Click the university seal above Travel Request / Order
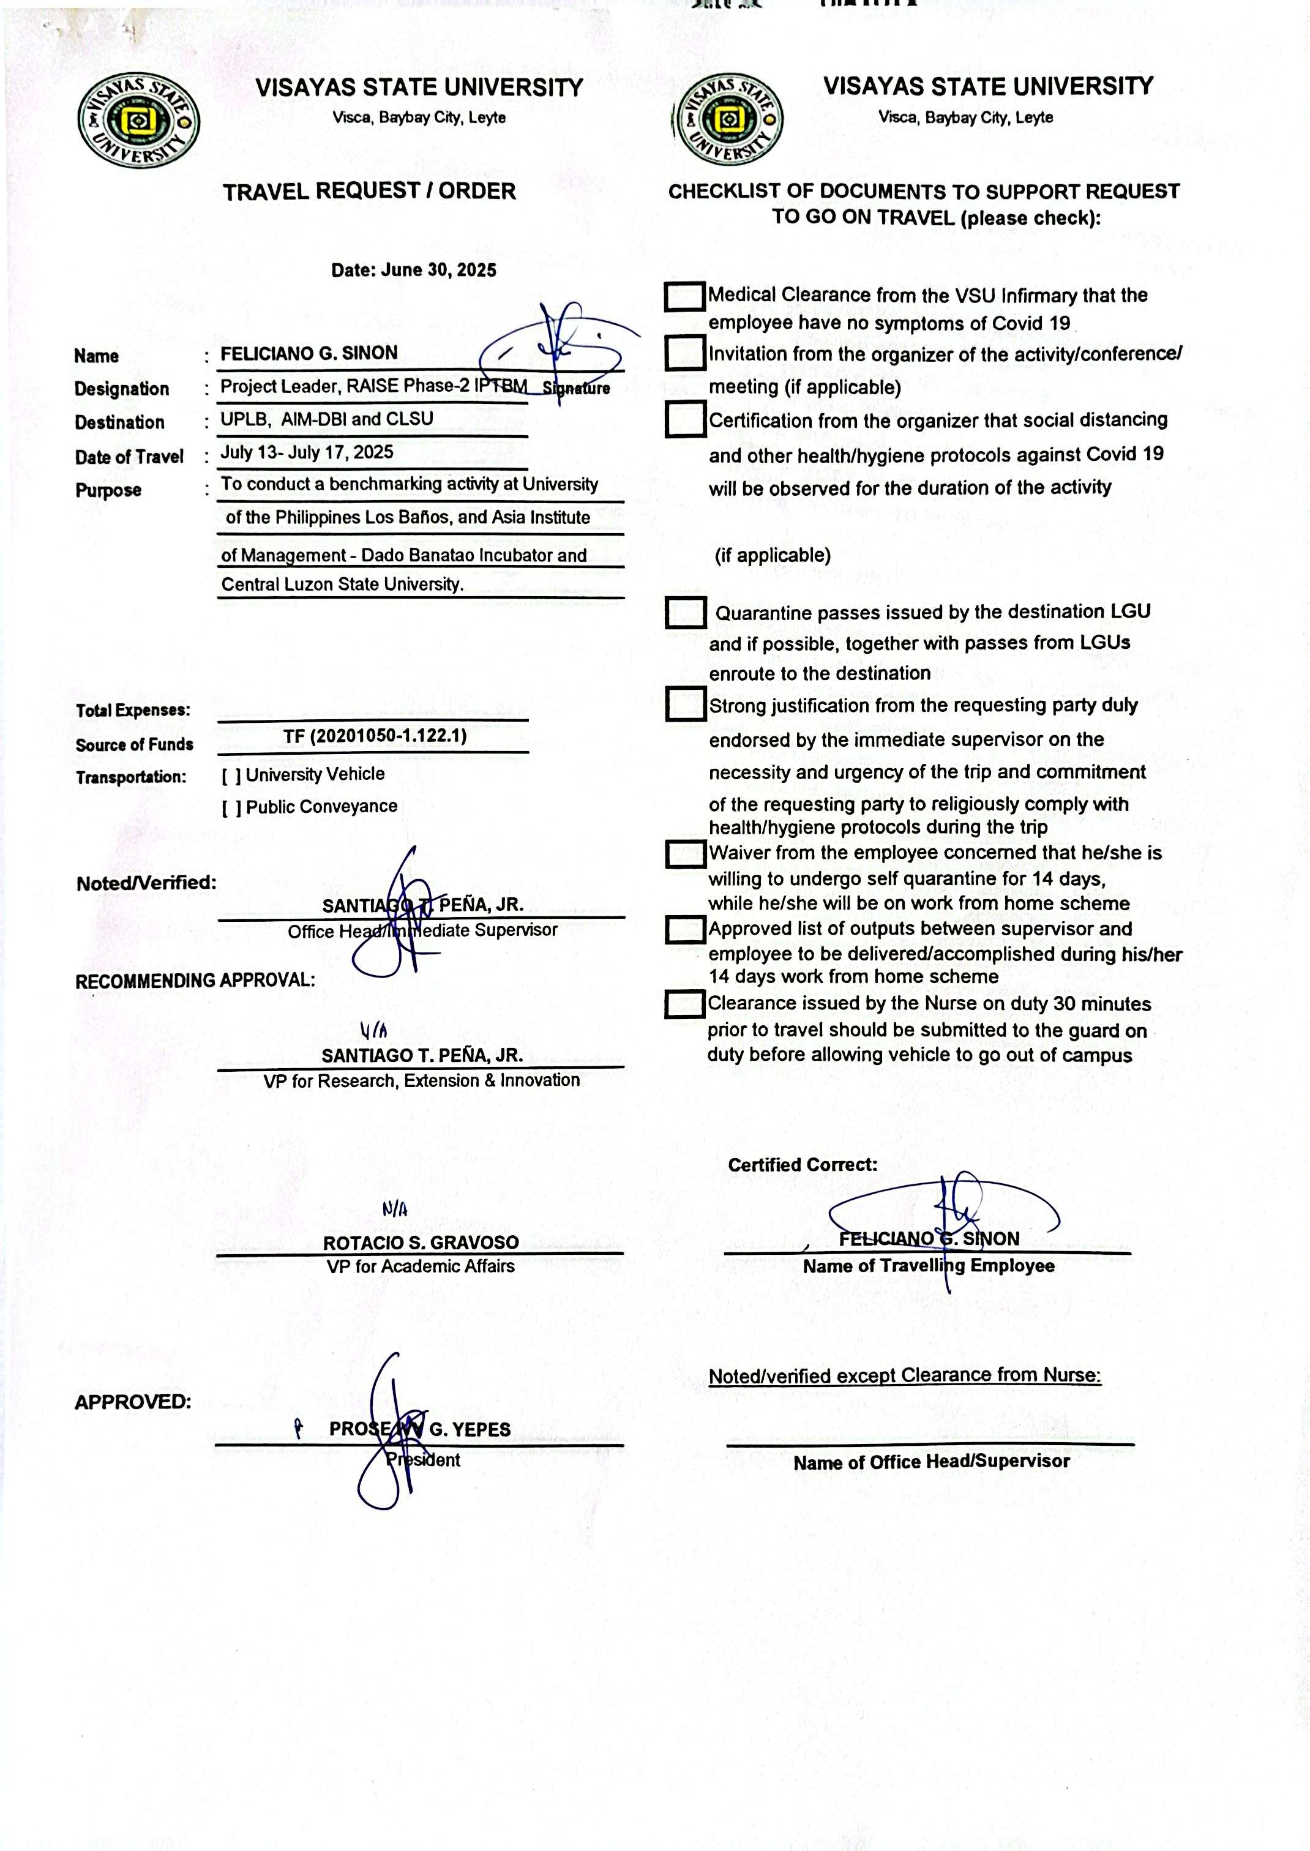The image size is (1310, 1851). pos(139,121)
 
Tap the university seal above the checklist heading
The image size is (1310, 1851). pos(728,120)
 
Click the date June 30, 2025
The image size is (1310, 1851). pos(414,270)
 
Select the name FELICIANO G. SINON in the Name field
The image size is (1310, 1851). pos(309,353)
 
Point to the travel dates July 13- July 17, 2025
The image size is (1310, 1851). pos(307,452)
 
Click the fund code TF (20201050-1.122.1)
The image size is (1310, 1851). pos(375,736)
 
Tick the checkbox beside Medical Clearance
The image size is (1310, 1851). pos(685,296)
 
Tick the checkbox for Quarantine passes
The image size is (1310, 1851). pos(686,613)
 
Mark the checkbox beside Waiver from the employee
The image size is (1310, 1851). pos(685,854)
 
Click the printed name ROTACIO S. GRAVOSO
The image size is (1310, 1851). pos(421,1243)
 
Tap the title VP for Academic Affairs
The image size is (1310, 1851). pos(421,1266)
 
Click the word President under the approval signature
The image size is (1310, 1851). pos(424,1460)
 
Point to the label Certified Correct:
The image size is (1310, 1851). pos(803,1165)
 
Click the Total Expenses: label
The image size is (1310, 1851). pos(133,711)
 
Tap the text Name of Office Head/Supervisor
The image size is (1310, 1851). pos(931,1462)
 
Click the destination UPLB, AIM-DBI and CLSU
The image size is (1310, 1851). pos(327,419)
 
